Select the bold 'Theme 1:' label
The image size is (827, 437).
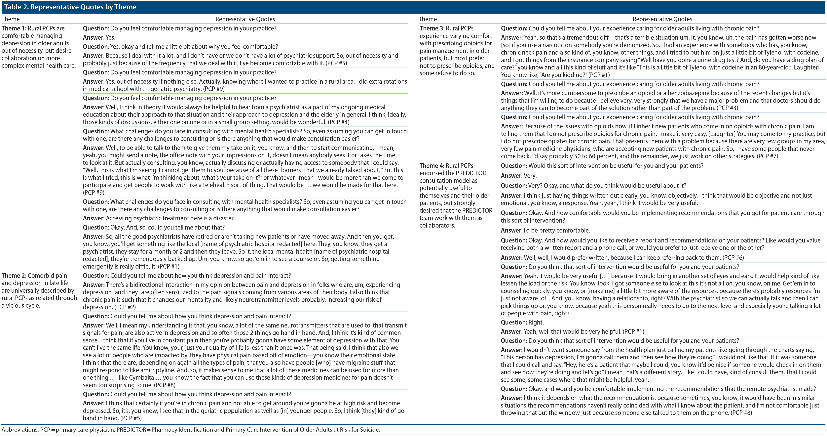click(x=14, y=28)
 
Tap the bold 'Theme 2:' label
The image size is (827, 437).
click(x=14, y=276)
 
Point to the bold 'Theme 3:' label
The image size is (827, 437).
click(x=432, y=28)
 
